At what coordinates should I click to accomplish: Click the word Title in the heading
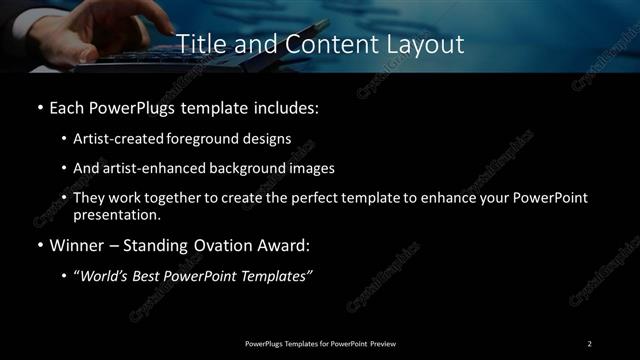point(198,45)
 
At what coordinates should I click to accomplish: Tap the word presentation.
point(117,214)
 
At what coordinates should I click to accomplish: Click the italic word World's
point(103,277)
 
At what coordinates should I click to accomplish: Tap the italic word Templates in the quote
point(280,277)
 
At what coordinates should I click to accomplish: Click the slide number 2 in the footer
point(590,343)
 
